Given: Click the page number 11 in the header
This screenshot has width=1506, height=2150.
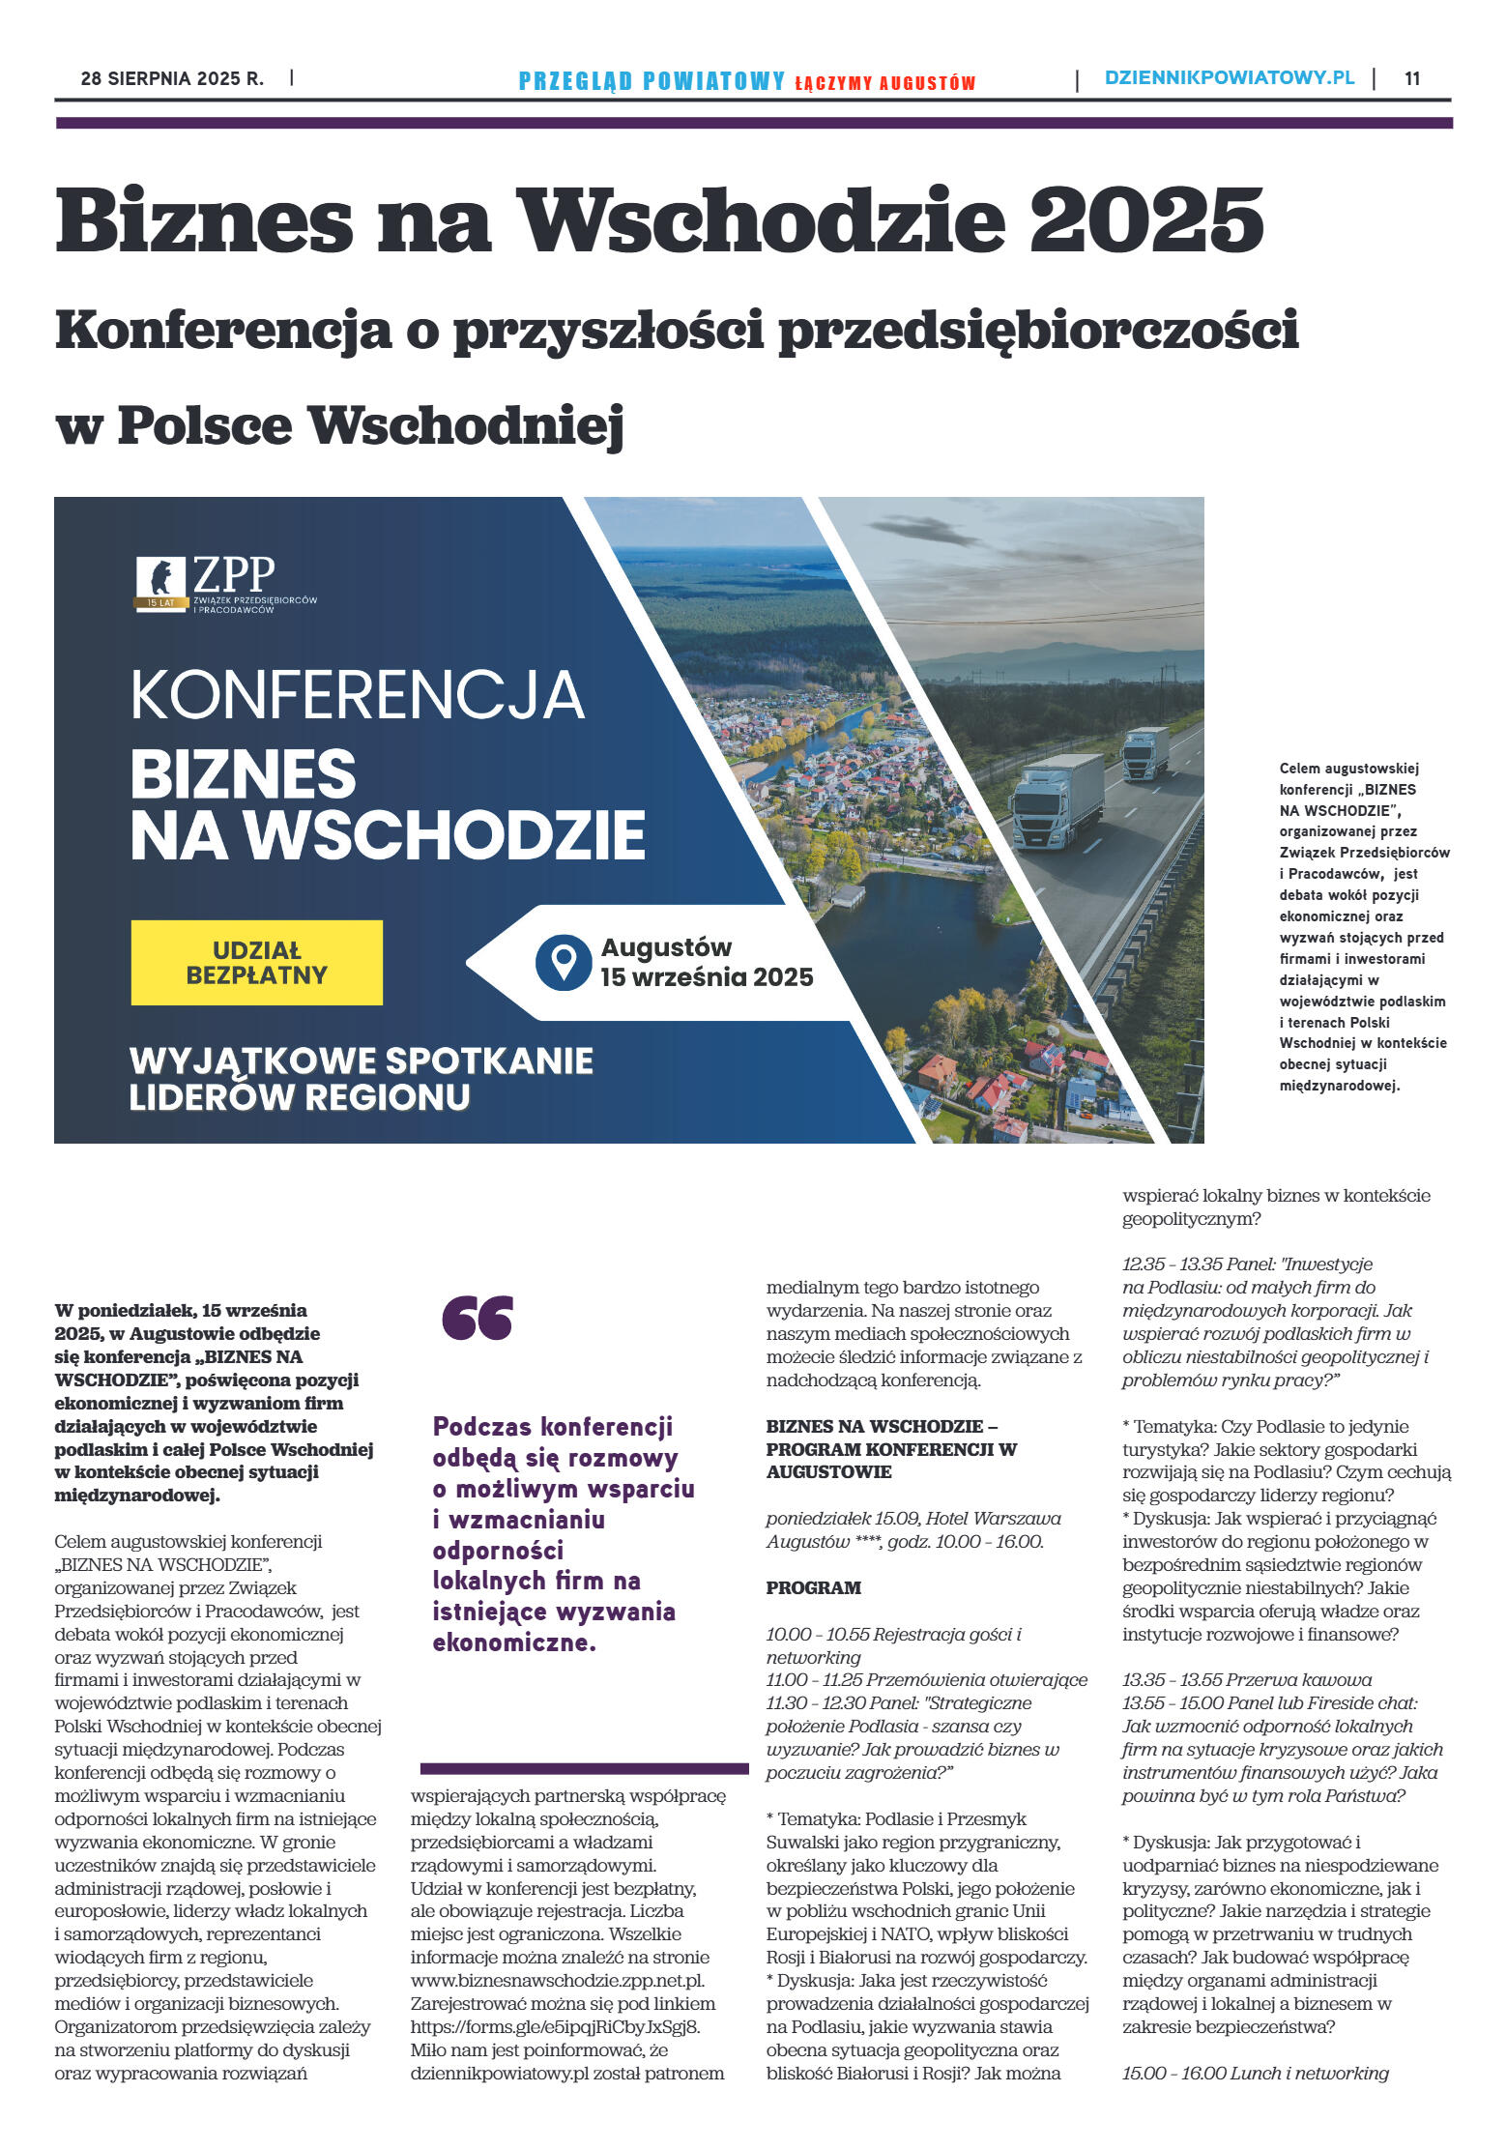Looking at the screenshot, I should coord(1411,78).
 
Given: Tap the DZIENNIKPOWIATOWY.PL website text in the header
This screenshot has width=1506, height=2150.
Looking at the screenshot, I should coord(1230,78).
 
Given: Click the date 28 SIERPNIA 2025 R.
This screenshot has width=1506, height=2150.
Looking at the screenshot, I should coord(172,78).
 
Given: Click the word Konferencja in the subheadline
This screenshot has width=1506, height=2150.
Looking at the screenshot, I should coord(223,330).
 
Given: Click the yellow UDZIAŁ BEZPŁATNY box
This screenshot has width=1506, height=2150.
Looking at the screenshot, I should coord(257,962).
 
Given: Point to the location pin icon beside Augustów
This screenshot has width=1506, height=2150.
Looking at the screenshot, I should coord(563,962).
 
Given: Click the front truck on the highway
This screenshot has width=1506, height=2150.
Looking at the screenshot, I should coord(1056,801).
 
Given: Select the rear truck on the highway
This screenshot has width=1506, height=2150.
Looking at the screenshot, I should coord(1144,753).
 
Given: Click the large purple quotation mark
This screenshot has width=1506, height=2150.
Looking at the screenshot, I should coord(478,1319).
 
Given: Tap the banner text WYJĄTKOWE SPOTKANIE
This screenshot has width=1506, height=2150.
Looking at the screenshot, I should coord(361,1060).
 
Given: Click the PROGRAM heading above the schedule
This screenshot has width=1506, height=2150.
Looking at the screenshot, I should coord(813,1587).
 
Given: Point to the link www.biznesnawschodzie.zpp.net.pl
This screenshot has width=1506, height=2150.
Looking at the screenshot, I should coord(558,1980).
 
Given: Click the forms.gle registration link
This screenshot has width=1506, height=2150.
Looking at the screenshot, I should coord(555,2026).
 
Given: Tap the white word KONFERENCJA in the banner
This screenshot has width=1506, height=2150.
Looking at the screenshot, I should coord(357,695).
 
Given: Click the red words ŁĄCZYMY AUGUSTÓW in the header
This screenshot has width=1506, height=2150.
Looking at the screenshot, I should coord(884,83).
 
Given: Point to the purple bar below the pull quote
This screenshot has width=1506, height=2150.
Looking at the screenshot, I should coord(584,1769).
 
